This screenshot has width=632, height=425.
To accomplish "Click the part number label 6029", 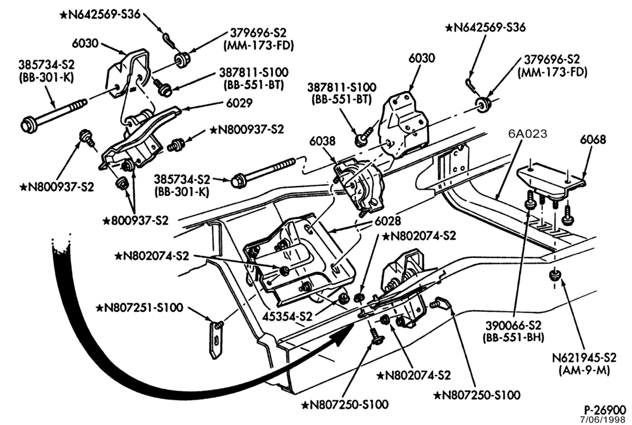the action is pos(239,103).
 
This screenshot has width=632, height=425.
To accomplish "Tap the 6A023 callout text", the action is pos(528,133).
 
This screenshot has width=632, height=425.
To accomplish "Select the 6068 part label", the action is pos(593,140).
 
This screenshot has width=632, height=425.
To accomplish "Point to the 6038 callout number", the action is pos(322,141).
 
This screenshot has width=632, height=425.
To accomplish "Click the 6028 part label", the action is pos(387,221).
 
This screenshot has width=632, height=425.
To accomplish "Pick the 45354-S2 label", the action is pos(287,316).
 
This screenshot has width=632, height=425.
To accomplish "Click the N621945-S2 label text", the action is pos(584,358).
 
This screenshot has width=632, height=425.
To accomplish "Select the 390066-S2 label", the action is pos(513,326).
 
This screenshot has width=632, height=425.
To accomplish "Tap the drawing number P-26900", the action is pos(605,409).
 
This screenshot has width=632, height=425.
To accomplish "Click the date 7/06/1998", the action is pos(602,419).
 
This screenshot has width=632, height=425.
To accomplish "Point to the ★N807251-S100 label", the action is pos(139,307).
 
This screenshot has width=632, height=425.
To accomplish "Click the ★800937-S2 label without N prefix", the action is pos(135,221).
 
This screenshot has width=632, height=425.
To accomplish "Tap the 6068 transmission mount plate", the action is pos(551,176).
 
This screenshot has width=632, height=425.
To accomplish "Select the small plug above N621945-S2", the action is pos(556,275).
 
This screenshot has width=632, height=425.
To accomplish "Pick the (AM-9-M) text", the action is pos(584,370).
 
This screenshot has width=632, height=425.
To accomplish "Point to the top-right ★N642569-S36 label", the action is pos(485,27).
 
